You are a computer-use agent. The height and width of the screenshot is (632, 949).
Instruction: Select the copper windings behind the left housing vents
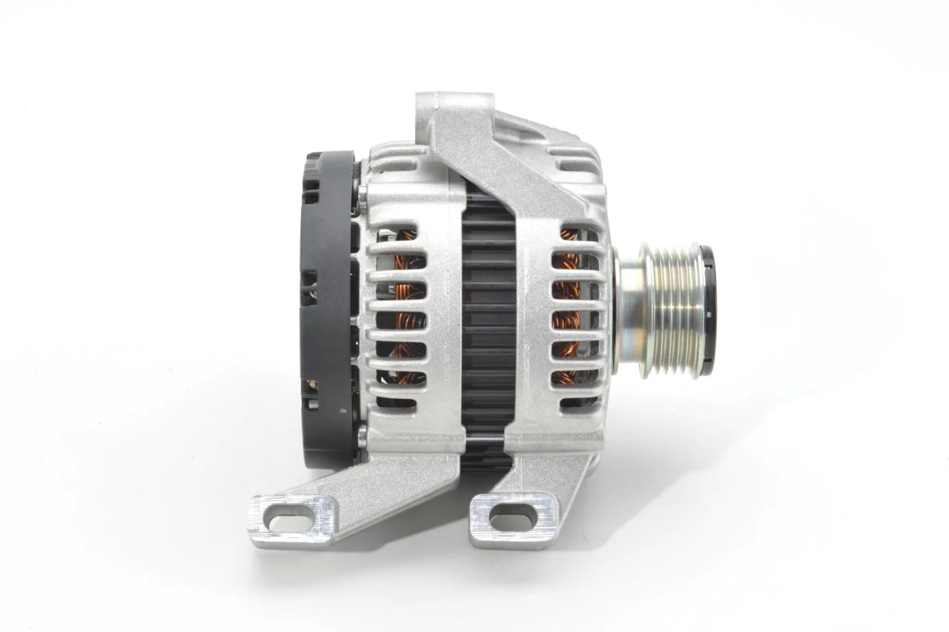404,312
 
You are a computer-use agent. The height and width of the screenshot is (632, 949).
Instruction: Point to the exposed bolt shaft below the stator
486,445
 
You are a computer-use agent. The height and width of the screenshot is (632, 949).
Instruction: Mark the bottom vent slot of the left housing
400,402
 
